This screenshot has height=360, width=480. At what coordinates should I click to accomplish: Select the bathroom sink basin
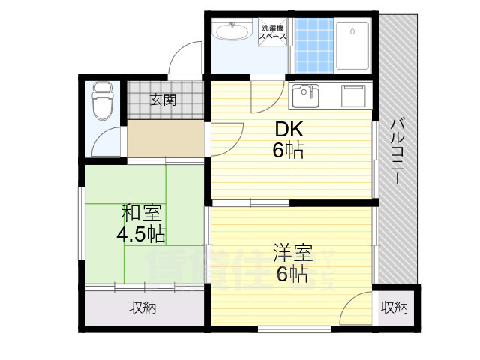click(232, 33)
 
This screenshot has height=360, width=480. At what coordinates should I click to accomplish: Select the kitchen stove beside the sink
click(352, 96)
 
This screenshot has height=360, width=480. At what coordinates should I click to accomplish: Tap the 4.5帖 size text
click(141, 235)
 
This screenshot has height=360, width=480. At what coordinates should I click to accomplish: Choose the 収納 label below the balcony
click(394, 307)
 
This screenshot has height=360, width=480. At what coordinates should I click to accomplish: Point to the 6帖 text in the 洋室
click(292, 274)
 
